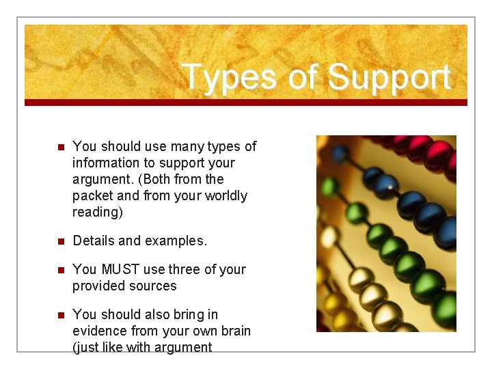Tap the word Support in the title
(x=389, y=77)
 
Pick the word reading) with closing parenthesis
(x=97, y=212)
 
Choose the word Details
(x=95, y=241)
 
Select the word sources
(x=152, y=286)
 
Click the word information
(x=107, y=163)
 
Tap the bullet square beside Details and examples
(x=59, y=241)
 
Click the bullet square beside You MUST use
(x=59, y=270)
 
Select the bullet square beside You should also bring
(x=59, y=315)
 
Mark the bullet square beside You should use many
(x=59, y=147)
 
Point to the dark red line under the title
(x=246, y=102)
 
